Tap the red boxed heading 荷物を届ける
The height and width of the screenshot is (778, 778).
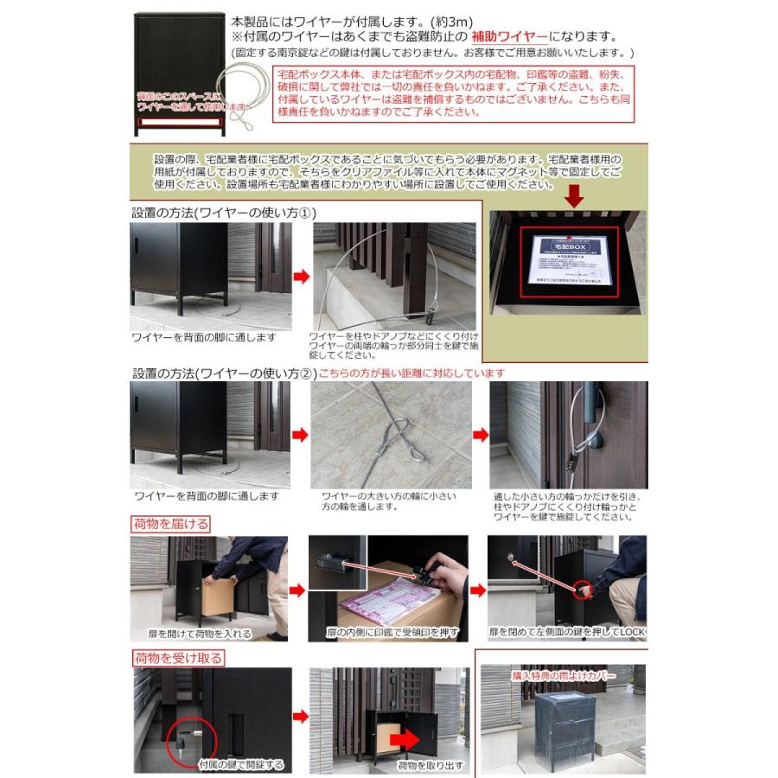pyautogui.click(x=170, y=523)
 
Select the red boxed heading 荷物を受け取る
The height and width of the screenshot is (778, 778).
pyautogui.click(x=177, y=658)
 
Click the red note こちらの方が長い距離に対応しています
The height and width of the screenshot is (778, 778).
pyautogui.click(x=411, y=373)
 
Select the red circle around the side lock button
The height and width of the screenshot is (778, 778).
pyautogui.click(x=583, y=589)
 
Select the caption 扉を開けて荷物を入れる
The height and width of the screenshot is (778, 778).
pyautogui.click(x=192, y=634)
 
